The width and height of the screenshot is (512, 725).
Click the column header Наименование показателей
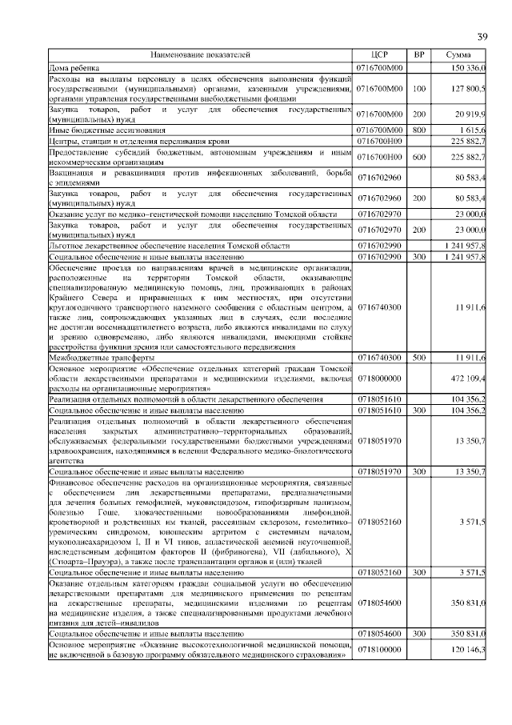click(x=201, y=55)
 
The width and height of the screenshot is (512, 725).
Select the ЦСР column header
click(x=380, y=55)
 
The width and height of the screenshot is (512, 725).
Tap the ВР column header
click(x=419, y=55)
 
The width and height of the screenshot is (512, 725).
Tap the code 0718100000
click(x=380, y=651)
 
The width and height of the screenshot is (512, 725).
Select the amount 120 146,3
click(x=466, y=651)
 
